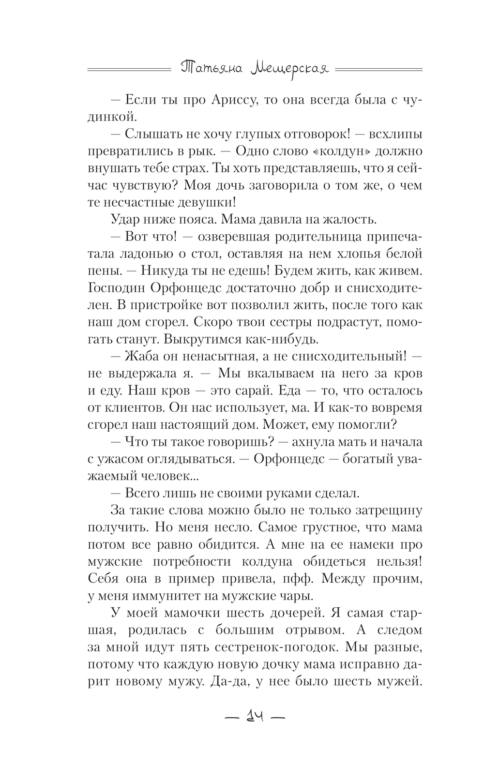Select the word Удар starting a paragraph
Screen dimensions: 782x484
[x=126, y=219]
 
